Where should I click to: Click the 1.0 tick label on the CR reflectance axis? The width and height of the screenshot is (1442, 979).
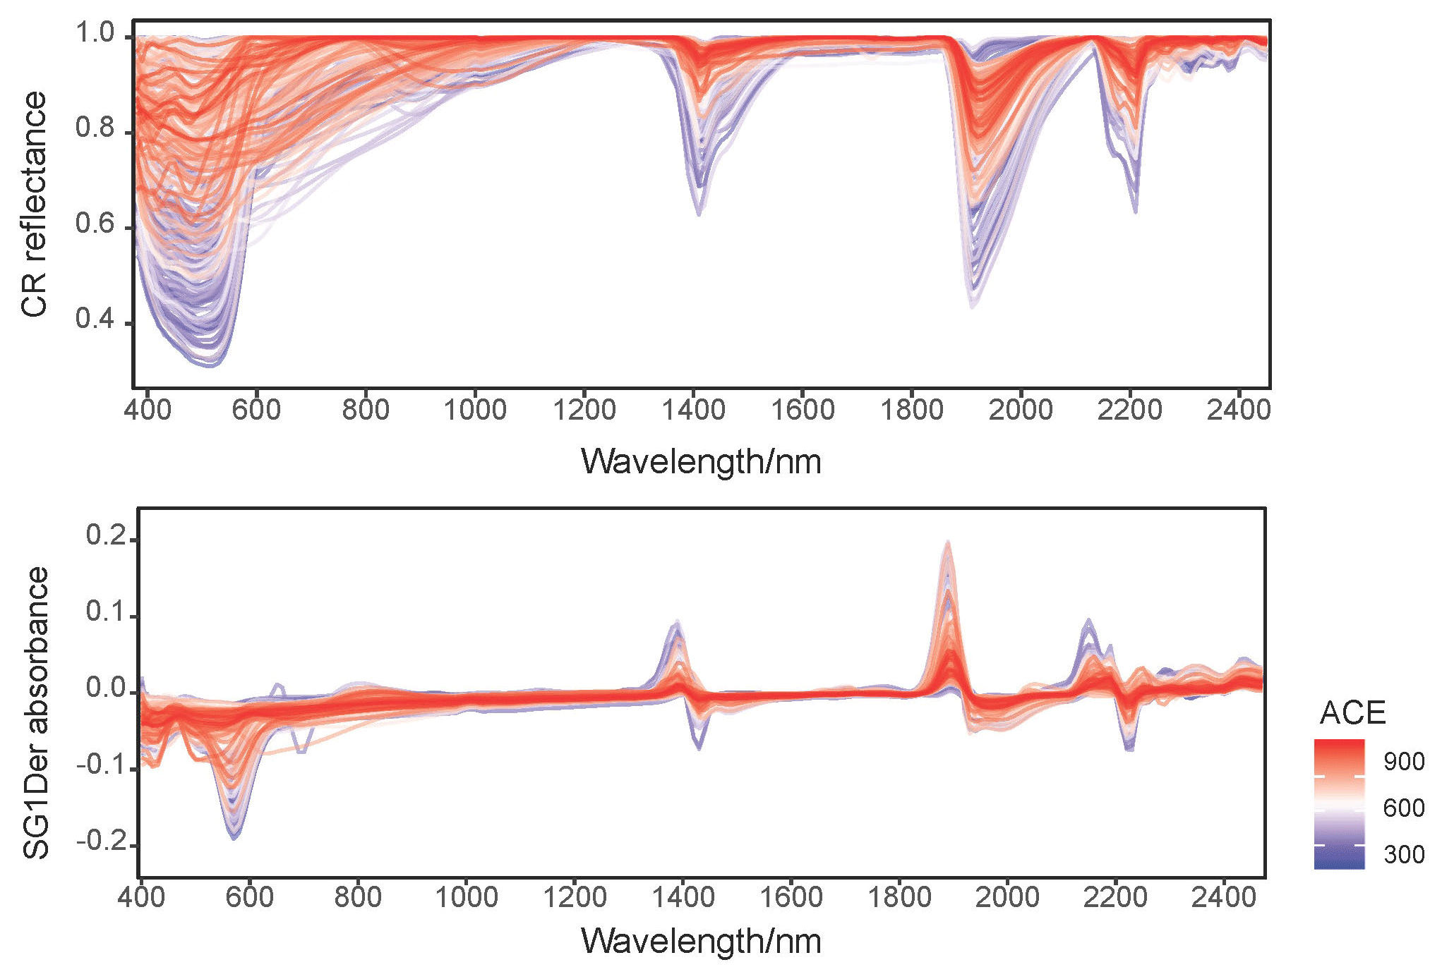click(x=95, y=33)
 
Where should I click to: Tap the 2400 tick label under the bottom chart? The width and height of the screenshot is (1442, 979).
click(x=1224, y=898)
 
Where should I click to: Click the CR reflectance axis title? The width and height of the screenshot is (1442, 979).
click(x=34, y=205)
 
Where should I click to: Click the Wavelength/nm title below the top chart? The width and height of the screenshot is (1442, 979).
click(x=701, y=462)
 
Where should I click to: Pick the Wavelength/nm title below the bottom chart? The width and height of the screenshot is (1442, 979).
click(x=701, y=942)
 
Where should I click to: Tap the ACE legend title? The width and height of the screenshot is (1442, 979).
click(x=1352, y=713)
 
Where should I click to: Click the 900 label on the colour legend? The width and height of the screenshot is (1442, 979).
click(x=1404, y=762)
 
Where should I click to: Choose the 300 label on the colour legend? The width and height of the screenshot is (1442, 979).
click(x=1404, y=855)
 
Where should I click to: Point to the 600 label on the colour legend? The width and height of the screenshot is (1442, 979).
click(x=1404, y=808)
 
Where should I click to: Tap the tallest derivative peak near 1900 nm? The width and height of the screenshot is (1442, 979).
click(x=948, y=542)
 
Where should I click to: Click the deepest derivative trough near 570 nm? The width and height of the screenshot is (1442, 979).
click(x=234, y=838)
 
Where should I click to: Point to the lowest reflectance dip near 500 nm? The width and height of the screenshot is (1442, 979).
click(x=212, y=365)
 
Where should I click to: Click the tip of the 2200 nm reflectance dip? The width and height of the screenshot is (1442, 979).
click(x=1135, y=211)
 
